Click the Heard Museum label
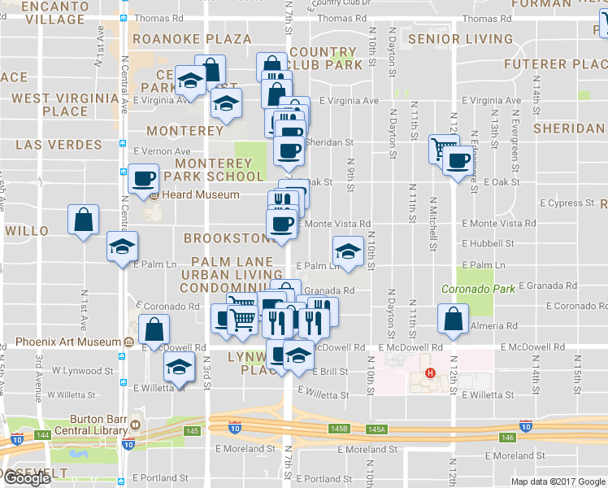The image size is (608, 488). (201, 195)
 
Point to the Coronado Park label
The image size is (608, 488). (467, 289)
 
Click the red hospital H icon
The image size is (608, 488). (430, 374)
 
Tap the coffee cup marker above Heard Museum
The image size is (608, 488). (145, 179)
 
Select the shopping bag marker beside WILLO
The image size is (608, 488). (83, 220)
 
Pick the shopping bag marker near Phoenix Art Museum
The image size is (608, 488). (154, 330)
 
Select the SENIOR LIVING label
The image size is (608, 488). (460, 39)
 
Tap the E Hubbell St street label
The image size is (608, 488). (488, 243)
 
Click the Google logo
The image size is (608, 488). (28, 478)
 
